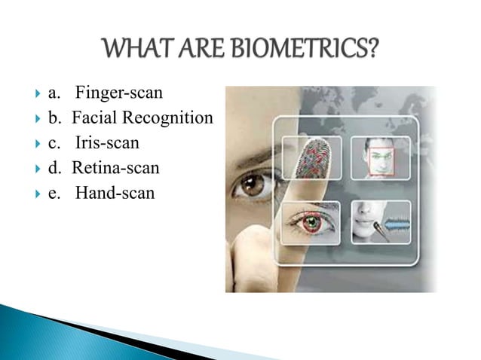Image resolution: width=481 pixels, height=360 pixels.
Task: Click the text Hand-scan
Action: click(x=114, y=193)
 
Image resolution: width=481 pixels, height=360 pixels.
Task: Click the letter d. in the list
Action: click(x=55, y=168)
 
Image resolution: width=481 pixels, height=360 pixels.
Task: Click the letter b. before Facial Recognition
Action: click(x=55, y=118)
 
